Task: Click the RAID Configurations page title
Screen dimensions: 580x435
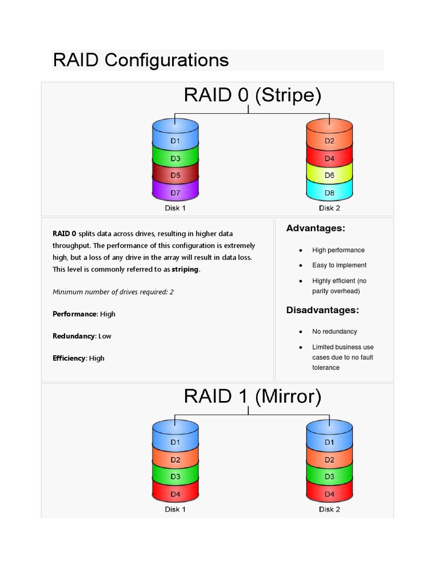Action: click(x=140, y=60)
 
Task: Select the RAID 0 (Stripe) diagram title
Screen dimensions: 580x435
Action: click(x=252, y=95)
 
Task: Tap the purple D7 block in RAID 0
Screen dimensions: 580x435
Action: click(x=176, y=193)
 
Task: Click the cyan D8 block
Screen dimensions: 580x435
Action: click(x=329, y=193)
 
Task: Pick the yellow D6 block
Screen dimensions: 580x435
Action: click(x=329, y=176)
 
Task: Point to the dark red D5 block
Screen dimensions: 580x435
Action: click(x=176, y=176)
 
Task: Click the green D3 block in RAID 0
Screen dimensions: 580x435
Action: click(x=176, y=159)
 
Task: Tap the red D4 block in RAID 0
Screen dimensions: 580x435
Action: click(x=329, y=159)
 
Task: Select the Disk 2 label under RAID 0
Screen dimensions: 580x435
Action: click(x=329, y=208)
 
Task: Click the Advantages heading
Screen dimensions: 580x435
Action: click(x=315, y=228)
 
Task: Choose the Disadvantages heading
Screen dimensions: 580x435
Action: click(x=322, y=310)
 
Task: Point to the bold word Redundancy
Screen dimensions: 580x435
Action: click(x=74, y=336)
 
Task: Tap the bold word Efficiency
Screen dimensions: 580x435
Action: click(x=69, y=358)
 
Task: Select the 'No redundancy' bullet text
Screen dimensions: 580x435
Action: click(x=334, y=331)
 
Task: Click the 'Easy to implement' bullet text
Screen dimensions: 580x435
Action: click(x=339, y=265)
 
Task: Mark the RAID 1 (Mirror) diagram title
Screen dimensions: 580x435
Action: click(x=252, y=396)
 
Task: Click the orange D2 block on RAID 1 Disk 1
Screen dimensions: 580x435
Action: click(x=176, y=460)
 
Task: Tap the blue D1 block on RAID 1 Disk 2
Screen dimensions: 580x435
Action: click(x=329, y=442)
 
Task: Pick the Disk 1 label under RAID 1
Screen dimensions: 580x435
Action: click(x=176, y=509)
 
